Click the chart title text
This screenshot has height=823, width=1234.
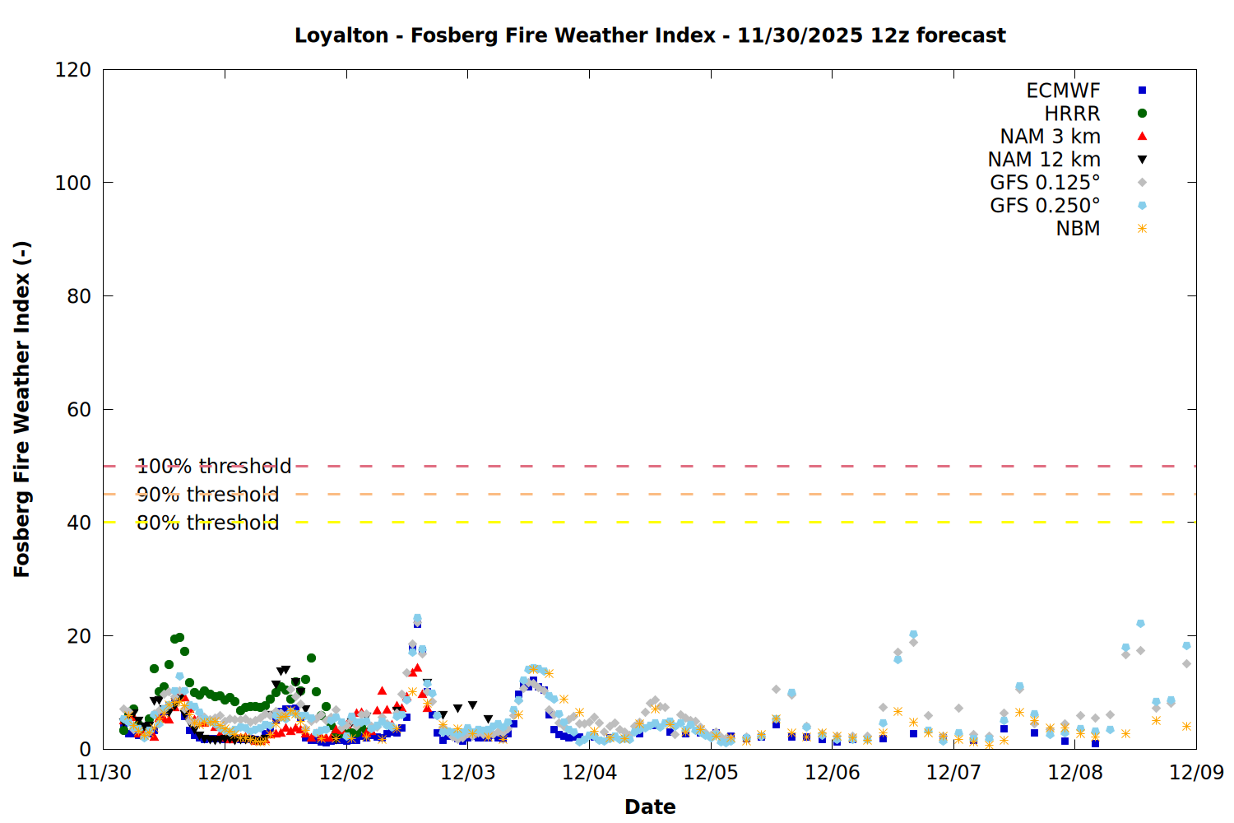[x=650, y=35]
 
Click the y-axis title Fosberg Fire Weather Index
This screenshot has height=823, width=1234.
[x=22, y=409]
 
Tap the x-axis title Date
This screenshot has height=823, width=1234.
[x=650, y=807]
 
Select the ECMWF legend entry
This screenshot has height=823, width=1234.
[x=1063, y=91]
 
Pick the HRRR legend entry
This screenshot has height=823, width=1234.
[x=1072, y=114]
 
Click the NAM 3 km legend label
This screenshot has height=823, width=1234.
[x=1050, y=137]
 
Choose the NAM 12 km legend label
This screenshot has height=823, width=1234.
[x=1044, y=160]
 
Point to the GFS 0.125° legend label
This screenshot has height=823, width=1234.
[x=1045, y=183]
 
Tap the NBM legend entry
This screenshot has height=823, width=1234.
[x=1078, y=229]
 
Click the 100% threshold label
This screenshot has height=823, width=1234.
[x=214, y=467]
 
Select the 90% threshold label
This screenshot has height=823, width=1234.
[x=207, y=495]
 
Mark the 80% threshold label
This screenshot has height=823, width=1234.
[x=207, y=523]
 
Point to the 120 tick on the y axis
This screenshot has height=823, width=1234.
[x=73, y=70]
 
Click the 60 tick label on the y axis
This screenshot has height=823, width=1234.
[x=79, y=410]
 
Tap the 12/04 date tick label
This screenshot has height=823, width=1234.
[x=589, y=773]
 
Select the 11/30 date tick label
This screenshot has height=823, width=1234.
[x=104, y=773]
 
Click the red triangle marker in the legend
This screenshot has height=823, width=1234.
[x=1142, y=137]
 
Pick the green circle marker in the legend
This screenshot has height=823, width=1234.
[x=1142, y=114]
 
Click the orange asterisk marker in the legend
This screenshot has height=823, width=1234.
[x=1142, y=229]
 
